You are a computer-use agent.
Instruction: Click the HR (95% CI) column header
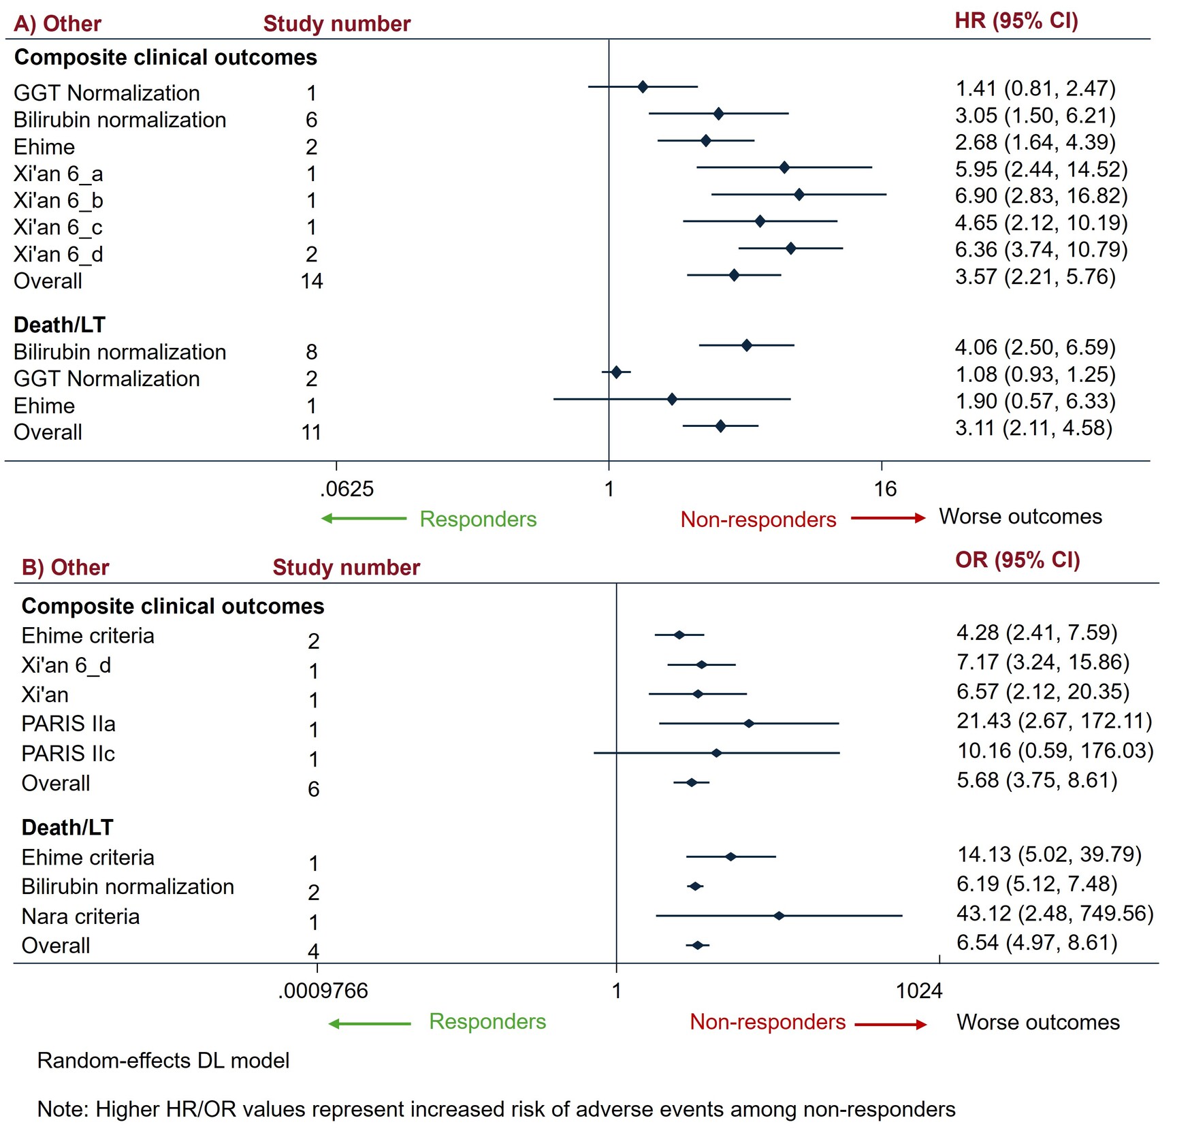pos(1016,21)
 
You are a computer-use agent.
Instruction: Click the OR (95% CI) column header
pos(1018,560)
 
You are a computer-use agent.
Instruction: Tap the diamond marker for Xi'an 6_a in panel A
pos(784,167)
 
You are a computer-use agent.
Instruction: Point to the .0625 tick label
pos(347,489)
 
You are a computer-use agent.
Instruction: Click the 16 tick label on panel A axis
pos(885,489)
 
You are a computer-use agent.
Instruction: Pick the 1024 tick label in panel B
pos(919,991)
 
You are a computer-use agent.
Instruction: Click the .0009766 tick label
pos(323,991)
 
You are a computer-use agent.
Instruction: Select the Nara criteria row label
pos(80,916)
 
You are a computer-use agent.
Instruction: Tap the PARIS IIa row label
pos(68,724)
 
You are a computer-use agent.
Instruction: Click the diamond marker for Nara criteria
pos(779,916)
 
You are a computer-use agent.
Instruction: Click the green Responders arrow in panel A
pos(364,519)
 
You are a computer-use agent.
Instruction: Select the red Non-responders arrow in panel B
pos(890,1025)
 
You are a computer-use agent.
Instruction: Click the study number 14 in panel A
pos(312,281)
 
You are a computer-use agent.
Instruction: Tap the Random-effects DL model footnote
pos(163,1061)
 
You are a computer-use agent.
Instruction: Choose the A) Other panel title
pos(57,24)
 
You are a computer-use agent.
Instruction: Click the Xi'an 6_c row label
pos(59,227)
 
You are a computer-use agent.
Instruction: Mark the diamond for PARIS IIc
pos(716,753)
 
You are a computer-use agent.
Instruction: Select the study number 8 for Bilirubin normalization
pos(312,352)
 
